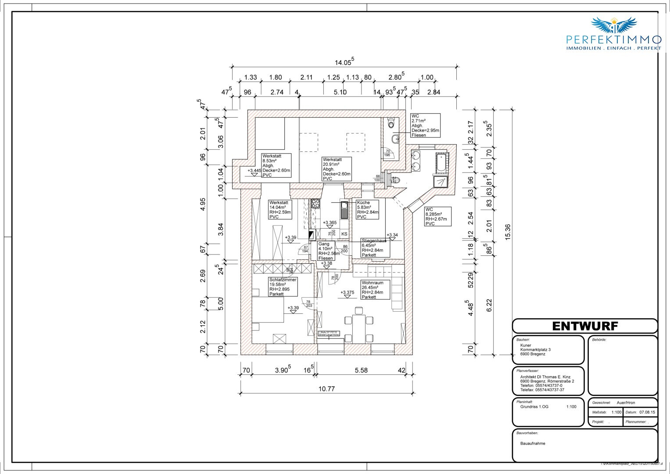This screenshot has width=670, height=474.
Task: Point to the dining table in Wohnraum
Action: pos(359,325)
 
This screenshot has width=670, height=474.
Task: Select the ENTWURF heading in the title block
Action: pos(584,326)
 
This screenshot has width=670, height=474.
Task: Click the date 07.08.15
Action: pos(647,413)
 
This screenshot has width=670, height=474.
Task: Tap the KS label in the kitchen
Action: pos(344,234)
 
